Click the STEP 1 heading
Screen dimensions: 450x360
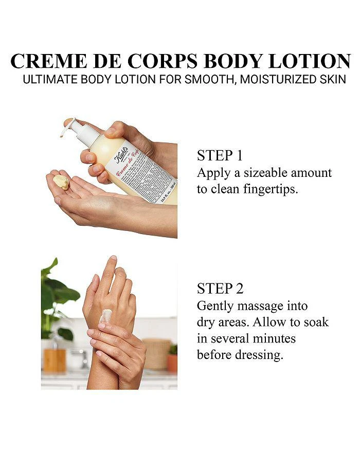coord(220,156)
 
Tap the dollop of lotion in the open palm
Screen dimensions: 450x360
coord(61,182)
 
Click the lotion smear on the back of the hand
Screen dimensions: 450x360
coord(106,316)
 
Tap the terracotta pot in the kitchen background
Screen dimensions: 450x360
coord(172,363)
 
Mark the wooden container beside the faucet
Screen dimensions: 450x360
coord(55,360)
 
